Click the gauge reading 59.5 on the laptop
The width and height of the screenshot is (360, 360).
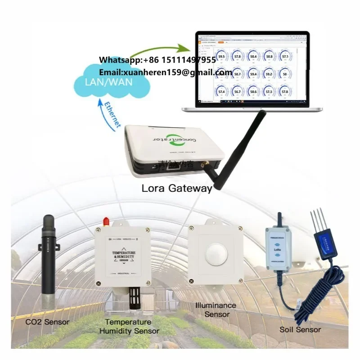(x=221, y=57)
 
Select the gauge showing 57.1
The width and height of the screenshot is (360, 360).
(x=285, y=57)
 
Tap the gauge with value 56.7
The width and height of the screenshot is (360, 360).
(x=237, y=91)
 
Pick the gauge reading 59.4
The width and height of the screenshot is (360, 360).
(x=253, y=74)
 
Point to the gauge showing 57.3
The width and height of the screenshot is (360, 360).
(x=269, y=91)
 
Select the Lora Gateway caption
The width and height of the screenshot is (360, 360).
(x=176, y=188)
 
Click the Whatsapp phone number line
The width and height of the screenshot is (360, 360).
(x=157, y=60)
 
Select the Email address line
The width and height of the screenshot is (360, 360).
(x=165, y=72)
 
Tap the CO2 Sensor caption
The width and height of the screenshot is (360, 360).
(x=47, y=322)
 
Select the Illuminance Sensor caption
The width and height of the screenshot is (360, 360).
(x=216, y=310)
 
